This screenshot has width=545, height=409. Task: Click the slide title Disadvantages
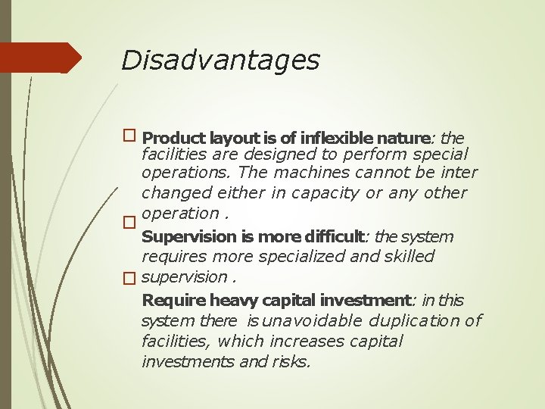[220, 60]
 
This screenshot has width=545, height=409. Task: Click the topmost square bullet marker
[129, 136]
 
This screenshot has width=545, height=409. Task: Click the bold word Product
[173, 138]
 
